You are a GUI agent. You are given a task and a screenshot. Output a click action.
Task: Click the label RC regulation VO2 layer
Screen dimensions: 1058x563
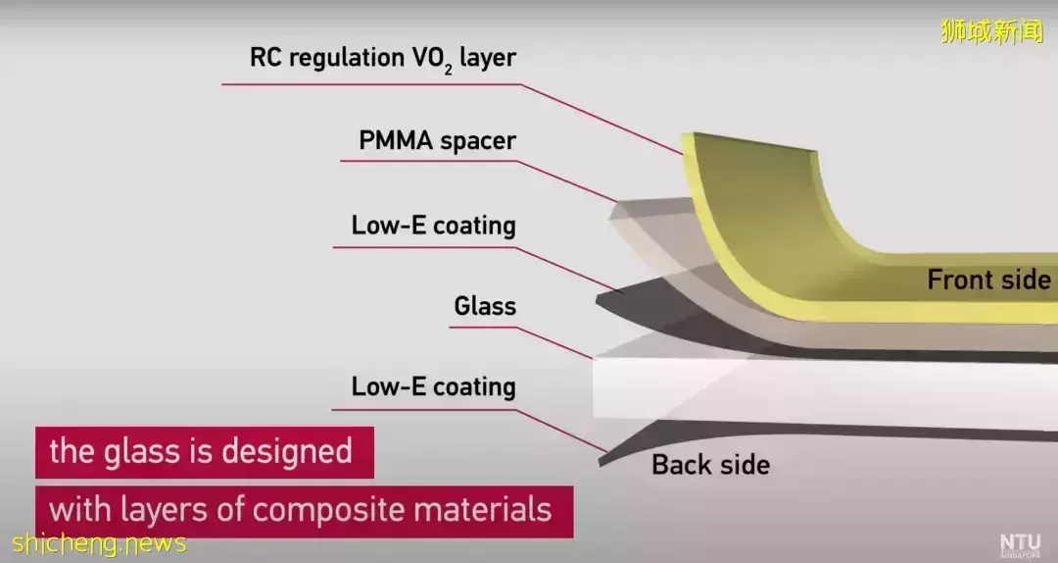coord(383,59)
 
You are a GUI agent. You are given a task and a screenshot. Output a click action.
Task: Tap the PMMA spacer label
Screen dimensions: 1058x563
coord(437,140)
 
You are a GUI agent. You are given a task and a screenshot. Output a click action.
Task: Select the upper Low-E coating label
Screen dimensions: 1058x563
coord(433,225)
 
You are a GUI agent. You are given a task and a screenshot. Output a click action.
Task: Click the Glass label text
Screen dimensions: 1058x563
coord(485,305)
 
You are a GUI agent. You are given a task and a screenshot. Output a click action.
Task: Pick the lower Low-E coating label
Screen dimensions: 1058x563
coord(433,386)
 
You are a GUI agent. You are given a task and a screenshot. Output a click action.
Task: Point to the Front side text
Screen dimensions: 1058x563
coord(988,280)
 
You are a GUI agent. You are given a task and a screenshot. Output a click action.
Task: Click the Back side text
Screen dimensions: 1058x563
coord(710,464)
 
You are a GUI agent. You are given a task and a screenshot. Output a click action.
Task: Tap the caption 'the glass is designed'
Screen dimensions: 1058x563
coord(201,451)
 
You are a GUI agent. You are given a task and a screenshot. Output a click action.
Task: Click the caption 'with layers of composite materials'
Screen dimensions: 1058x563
coord(301,510)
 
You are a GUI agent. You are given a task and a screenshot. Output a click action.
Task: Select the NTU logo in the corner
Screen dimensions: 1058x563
coord(1021,544)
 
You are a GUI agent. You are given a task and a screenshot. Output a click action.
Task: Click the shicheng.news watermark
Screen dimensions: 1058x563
coord(99,543)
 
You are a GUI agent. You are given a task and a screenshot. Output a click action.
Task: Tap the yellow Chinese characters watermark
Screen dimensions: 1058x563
coord(991,31)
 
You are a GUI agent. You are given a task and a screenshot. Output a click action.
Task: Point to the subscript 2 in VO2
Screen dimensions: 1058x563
coord(448,70)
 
